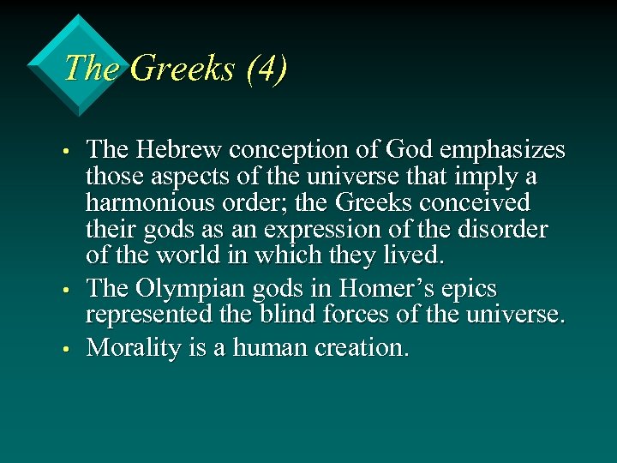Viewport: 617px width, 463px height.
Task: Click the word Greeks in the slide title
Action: tap(182, 69)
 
